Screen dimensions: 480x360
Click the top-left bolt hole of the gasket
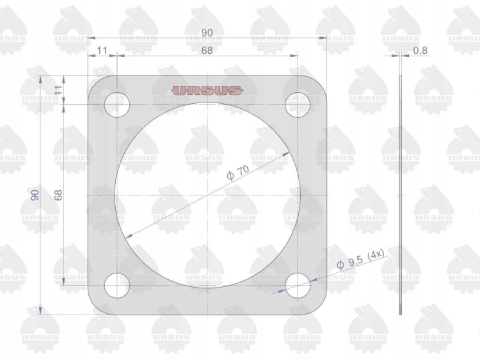(117, 105)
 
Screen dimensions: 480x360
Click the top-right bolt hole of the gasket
(298, 105)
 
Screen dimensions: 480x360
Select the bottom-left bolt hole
(117, 285)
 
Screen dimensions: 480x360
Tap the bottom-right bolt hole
(298, 285)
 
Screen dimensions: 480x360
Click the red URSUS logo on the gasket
(207, 90)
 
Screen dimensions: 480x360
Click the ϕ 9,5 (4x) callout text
(360, 259)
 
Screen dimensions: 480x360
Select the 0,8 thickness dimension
(420, 50)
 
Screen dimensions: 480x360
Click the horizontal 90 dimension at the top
(207, 33)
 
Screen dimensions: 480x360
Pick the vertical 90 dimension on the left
(35, 195)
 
